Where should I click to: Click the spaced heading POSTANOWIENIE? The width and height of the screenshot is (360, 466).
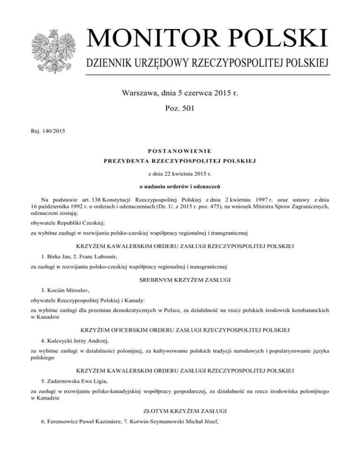click(180, 151)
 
